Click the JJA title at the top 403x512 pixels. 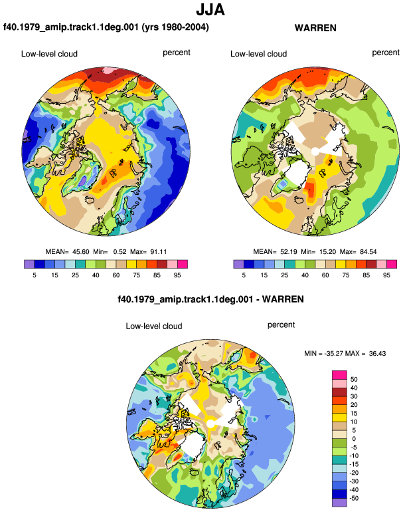pyautogui.click(x=210, y=10)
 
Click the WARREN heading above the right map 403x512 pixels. pyautogui.click(x=315, y=28)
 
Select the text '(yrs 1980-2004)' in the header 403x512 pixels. pyautogui.click(x=175, y=27)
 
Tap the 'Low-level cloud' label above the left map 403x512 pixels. pyautogui.click(x=49, y=54)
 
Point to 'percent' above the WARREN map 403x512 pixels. pyautogui.click(x=386, y=53)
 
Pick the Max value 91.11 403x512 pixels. pyautogui.click(x=159, y=252)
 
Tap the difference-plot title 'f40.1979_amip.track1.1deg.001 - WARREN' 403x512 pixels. pyautogui.click(x=210, y=299)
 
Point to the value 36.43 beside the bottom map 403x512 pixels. pyautogui.click(x=377, y=353)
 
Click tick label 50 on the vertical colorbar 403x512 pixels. pyautogui.click(x=354, y=380)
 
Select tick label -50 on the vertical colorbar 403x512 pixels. pyautogui.click(x=354, y=498)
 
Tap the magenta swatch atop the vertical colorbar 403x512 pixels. pyautogui.click(x=339, y=375)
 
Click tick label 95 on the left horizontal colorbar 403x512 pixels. pyautogui.click(x=177, y=275)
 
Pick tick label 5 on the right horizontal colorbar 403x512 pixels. pyautogui.click(x=244, y=275)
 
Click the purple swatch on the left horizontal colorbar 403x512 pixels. pyautogui.click(x=29, y=264)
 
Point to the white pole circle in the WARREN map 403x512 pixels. pyautogui.click(x=315, y=152)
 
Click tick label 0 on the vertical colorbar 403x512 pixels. pyautogui.click(x=354, y=439)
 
